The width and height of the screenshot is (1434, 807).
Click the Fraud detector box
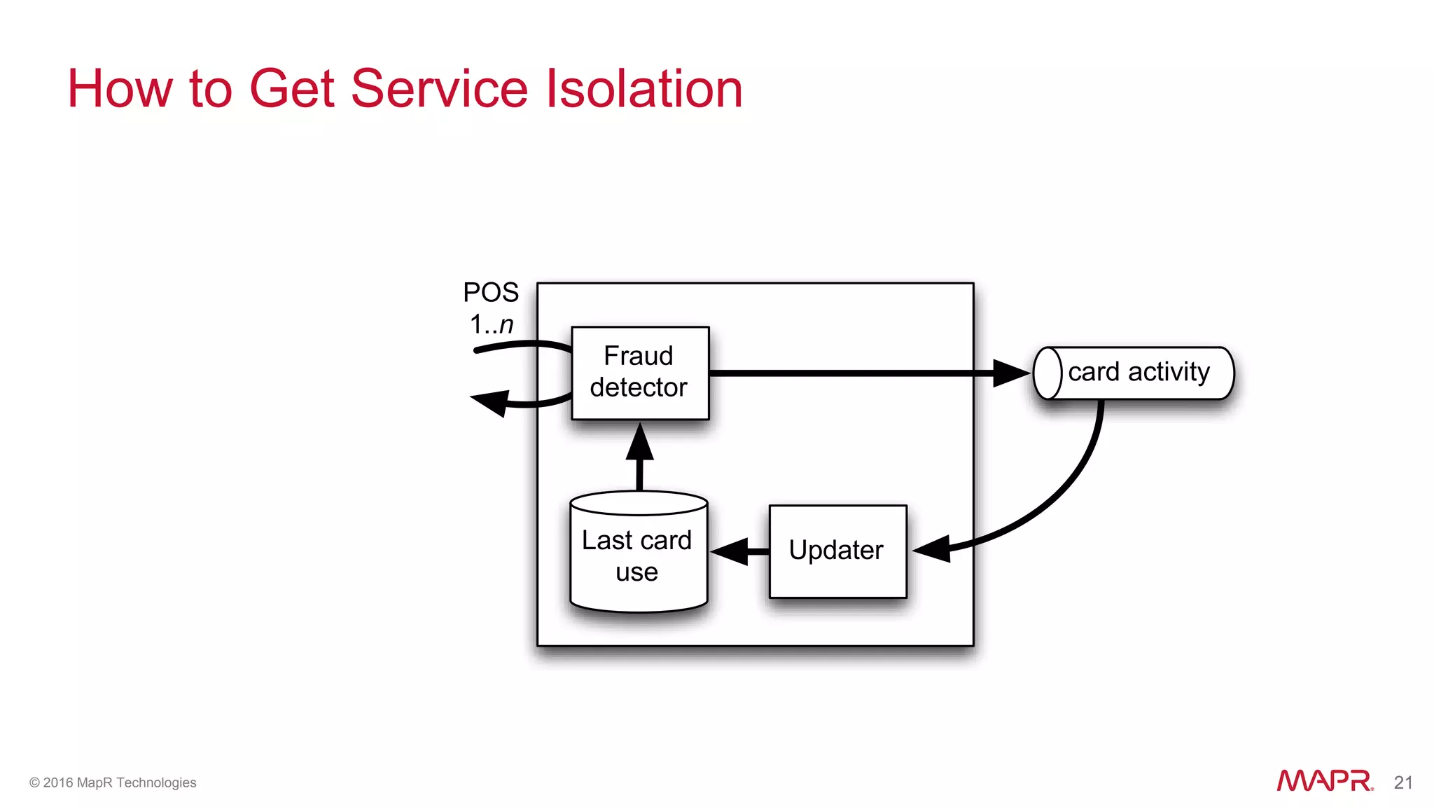(x=640, y=373)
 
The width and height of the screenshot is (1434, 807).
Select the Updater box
(x=837, y=551)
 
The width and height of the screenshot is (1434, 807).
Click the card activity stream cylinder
(x=1134, y=373)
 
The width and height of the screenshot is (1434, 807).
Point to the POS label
(x=491, y=292)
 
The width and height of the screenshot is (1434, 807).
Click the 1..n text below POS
(x=491, y=324)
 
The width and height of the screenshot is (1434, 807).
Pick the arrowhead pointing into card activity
(x=1011, y=373)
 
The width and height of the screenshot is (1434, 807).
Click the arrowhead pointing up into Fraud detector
(x=639, y=442)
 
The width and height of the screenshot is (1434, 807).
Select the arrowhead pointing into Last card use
(x=730, y=551)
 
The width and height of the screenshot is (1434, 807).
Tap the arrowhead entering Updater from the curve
(x=933, y=549)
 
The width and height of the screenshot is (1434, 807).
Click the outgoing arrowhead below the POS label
(x=490, y=403)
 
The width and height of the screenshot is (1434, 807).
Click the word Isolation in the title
(x=643, y=89)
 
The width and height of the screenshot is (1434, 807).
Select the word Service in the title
(x=439, y=89)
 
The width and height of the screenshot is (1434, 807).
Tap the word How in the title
(x=119, y=89)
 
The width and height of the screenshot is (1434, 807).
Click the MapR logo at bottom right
(x=1324, y=781)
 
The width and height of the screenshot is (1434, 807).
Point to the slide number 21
(x=1403, y=782)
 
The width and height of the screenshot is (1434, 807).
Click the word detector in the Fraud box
(x=639, y=387)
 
